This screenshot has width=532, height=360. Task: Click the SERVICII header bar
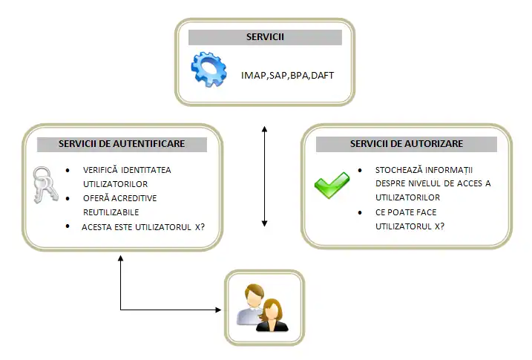[x=265, y=38]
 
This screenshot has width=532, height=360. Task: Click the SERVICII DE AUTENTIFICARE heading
[x=122, y=143]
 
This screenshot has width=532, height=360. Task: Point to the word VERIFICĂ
[x=101, y=170]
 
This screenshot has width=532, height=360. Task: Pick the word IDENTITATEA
[x=148, y=170]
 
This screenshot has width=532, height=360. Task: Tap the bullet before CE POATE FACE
[x=360, y=212]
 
